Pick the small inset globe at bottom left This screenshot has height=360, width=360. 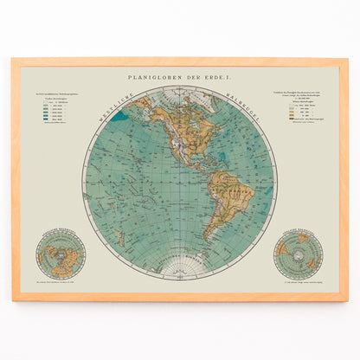click(61, 254)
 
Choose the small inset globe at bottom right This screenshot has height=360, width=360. click(298, 254)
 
